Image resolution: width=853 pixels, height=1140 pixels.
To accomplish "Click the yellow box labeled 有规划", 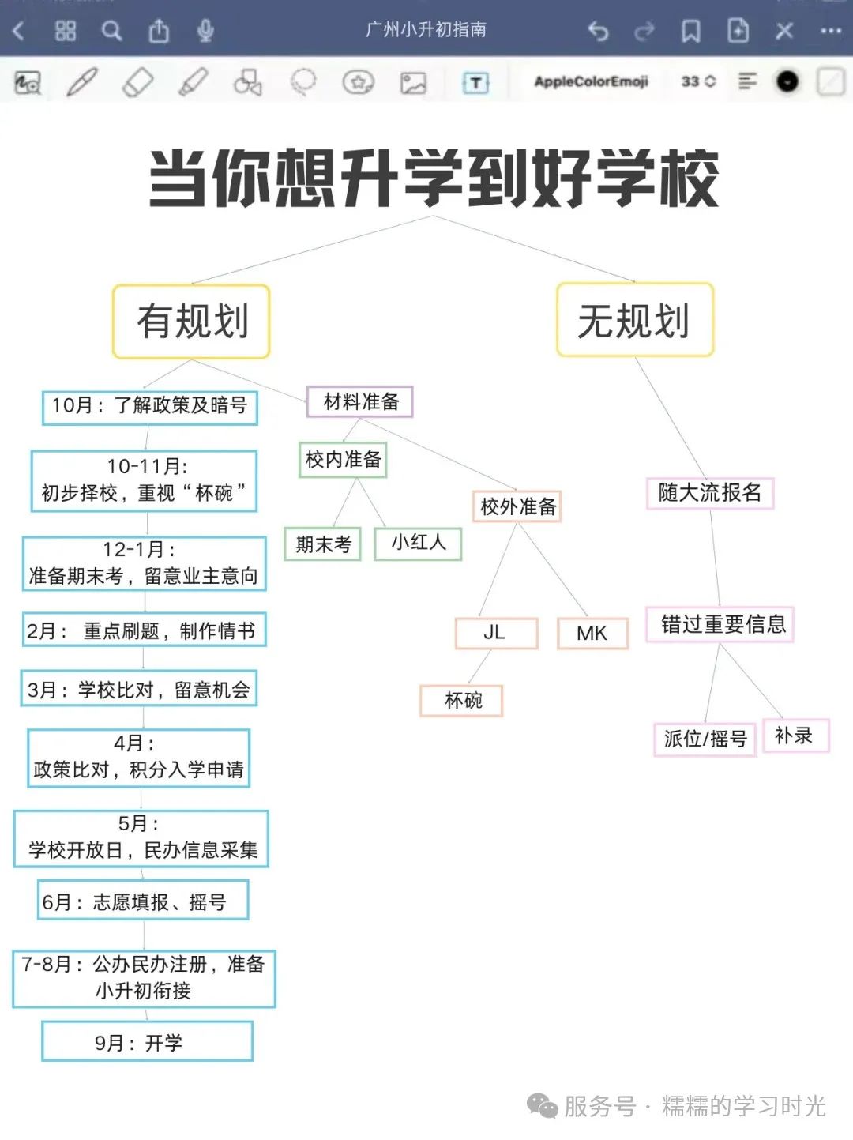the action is pos(191,321).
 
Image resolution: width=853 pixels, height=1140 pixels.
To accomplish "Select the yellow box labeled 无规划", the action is pos(635,319).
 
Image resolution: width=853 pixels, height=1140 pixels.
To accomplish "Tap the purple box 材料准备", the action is pos(360,401).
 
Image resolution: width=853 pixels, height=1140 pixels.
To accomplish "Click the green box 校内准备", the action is pos(343,459).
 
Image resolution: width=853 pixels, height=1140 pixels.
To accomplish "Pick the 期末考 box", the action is pos(322,544).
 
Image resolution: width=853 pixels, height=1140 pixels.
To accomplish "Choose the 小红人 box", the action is pos(418,544).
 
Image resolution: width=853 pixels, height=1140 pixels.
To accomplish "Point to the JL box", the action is pos(496,633).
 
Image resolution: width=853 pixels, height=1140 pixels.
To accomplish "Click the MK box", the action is pos(593,633).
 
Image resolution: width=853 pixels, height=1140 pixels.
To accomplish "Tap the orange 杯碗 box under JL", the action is pos(461,701).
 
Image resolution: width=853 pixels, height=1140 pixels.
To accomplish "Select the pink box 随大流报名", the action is pos(710,493).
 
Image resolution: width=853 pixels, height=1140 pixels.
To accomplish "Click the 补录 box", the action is pos(796,736).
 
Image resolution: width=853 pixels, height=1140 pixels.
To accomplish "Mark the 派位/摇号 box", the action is pos(705,739).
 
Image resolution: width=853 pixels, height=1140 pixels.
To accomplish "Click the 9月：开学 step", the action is pos(148,1040).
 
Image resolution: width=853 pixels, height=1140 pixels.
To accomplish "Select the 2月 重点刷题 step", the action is pos(145,630).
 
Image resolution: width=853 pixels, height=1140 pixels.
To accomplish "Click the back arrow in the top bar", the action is pos(19,31).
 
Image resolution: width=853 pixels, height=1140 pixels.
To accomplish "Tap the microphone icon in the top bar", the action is pos(205,31).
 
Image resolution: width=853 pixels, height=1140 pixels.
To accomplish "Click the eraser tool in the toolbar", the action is pos(137,82).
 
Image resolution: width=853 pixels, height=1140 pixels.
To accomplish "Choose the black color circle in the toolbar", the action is pos(787,81).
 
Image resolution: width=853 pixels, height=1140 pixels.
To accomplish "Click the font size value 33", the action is pos(690,81).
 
